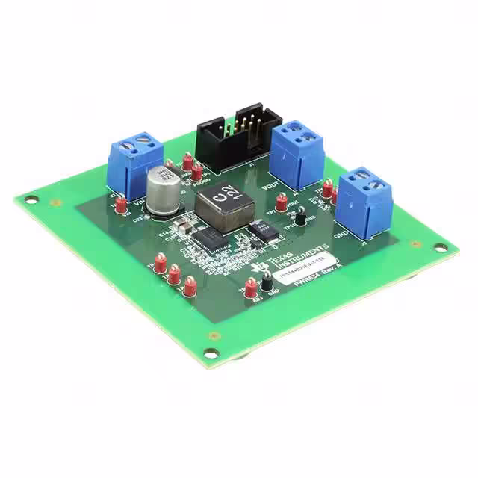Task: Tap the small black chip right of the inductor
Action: [263, 233]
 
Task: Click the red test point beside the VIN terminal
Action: [120, 204]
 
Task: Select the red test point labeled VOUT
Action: [282, 201]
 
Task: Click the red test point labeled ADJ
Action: [252, 288]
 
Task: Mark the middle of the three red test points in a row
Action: [174, 274]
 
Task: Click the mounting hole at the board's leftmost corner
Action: [31, 199]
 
